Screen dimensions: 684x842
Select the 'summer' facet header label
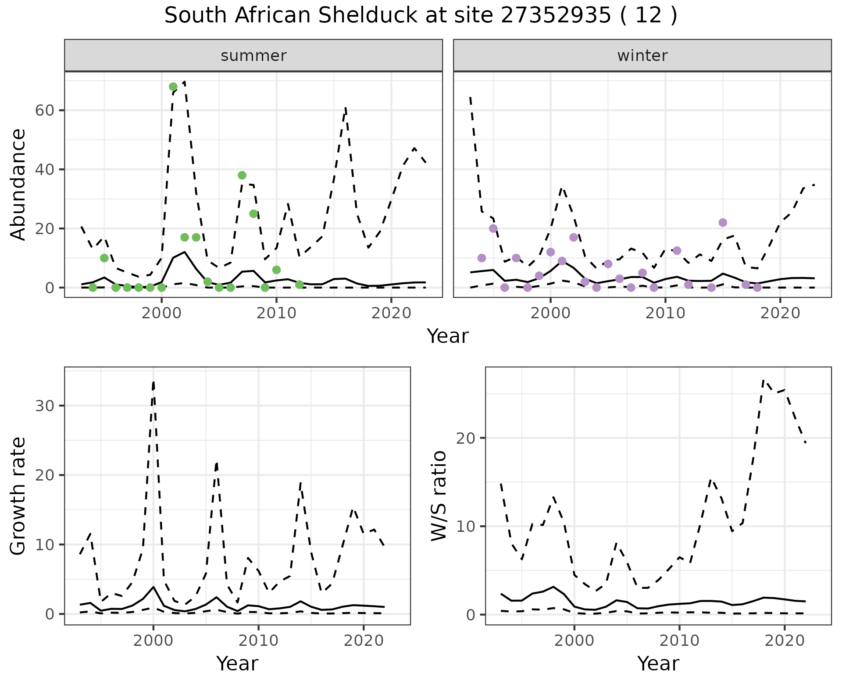click(253, 56)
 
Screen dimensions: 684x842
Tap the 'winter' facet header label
click(642, 56)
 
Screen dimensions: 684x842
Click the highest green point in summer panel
click(173, 87)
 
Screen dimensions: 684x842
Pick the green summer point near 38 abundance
click(242, 175)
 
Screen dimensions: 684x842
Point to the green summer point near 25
click(253, 214)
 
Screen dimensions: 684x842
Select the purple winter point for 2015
click(723, 223)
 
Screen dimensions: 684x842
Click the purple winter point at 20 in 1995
click(493, 228)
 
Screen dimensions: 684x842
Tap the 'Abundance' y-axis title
click(18, 184)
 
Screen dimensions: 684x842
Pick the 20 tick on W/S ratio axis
click(466, 438)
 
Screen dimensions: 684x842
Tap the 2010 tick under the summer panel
click(276, 313)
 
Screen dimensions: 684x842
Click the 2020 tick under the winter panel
click(780, 313)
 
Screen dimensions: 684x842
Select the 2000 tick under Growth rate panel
click(153, 641)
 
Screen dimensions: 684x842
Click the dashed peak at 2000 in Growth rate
click(153, 382)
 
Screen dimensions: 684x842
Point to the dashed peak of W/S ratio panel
click(764, 380)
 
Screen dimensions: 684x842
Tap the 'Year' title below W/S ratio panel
click(658, 663)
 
